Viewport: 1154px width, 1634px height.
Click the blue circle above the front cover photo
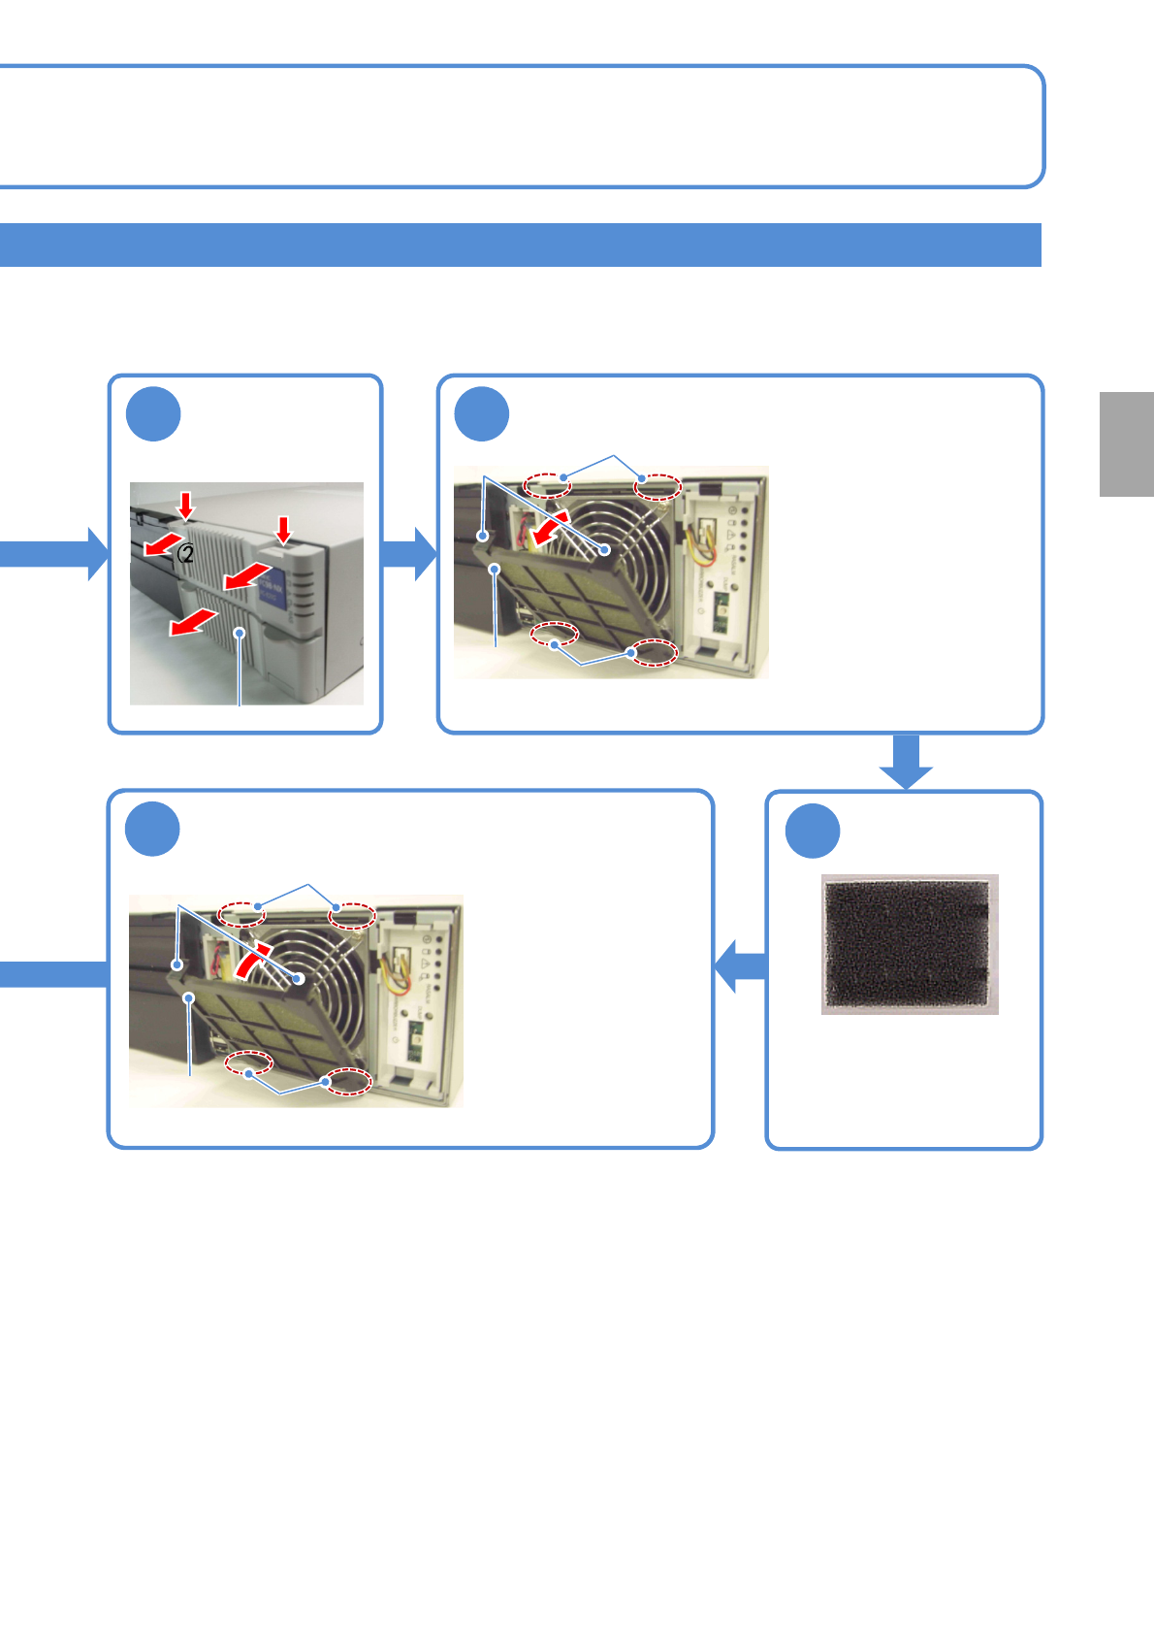pyautogui.click(x=153, y=414)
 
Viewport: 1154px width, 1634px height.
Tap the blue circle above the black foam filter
pyautogui.click(x=813, y=831)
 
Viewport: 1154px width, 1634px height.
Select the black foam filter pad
pyautogui.click(x=909, y=944)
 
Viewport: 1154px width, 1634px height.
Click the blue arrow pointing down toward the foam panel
pyautogui.click(x=906, y=761)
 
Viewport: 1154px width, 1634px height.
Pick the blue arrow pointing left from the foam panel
pyautogui.click(x=741, y=965)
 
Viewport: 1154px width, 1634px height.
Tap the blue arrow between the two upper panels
pyautogui.click(x=410, y=554)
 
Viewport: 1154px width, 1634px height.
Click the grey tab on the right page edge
pyautogui.click(x=1126, y=444)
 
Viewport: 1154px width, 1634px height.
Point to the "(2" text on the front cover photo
pyautogui.click(x=185, y=554)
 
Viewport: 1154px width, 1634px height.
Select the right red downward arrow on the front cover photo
pyautogui.click(x=283, y=530)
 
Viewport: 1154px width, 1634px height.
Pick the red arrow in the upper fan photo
pyautogui.click(x=551, y=529)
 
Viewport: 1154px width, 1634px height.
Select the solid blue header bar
pyautogui.click(x=520, y=245)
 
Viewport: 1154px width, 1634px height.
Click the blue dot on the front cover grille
pyautogui.click(x=239, y=633)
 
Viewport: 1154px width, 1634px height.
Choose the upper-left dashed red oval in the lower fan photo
pyautogui.click(x=240, y=914)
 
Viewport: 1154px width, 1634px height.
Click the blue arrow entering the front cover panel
pyautogui.click(x=54, y=554)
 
